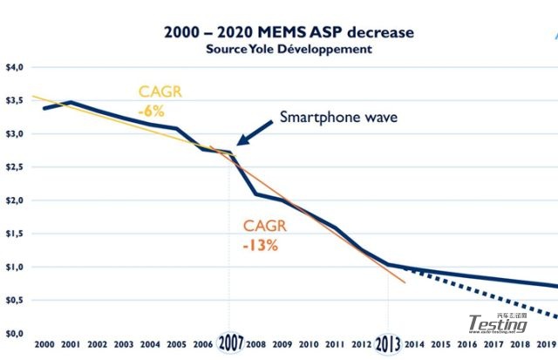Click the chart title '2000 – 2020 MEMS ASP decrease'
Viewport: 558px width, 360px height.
click(x=289, y=32)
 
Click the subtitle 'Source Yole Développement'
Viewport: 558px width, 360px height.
click(x=289, y=49)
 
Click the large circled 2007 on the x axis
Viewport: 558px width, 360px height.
click(x=231, y=343)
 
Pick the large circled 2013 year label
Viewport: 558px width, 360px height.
click(x=389, y=343)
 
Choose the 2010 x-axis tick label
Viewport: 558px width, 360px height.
click(x=306, y=345)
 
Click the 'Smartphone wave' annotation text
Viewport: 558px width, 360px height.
click(x=338, y=118)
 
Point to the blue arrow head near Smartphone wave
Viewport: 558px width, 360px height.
click(x=242, y=139)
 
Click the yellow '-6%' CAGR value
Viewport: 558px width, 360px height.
click(x=153, y=111)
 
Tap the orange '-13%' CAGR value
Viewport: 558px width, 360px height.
click(x=261, y=245)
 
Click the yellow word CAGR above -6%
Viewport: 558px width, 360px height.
click(x=160, y=92)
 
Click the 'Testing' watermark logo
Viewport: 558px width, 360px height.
click(x=498, y=323)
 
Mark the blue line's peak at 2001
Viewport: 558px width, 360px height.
click(x=71, y=102)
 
